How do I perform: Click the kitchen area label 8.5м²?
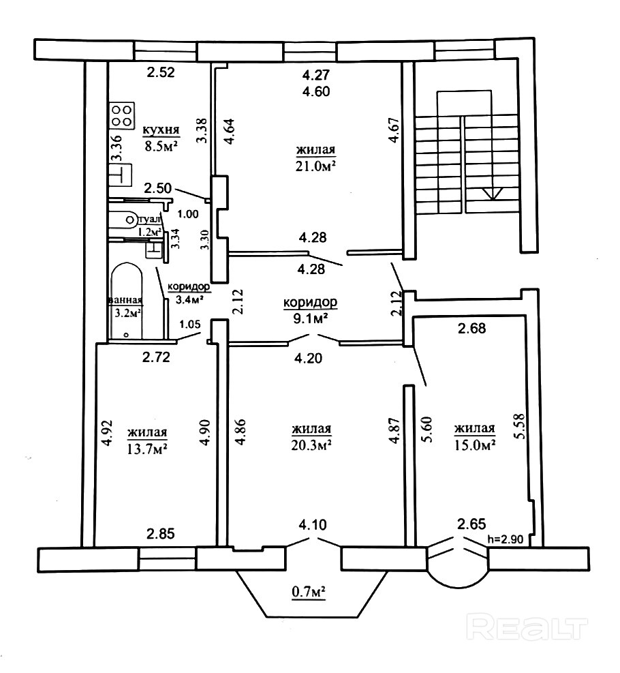pos(161,145)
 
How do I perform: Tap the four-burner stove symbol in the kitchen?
pos(122,115)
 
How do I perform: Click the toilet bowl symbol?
pos(125,219)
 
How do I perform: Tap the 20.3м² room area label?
pos(311,444)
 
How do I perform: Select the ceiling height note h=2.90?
pos(506,539)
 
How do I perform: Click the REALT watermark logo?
pos(529,626)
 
